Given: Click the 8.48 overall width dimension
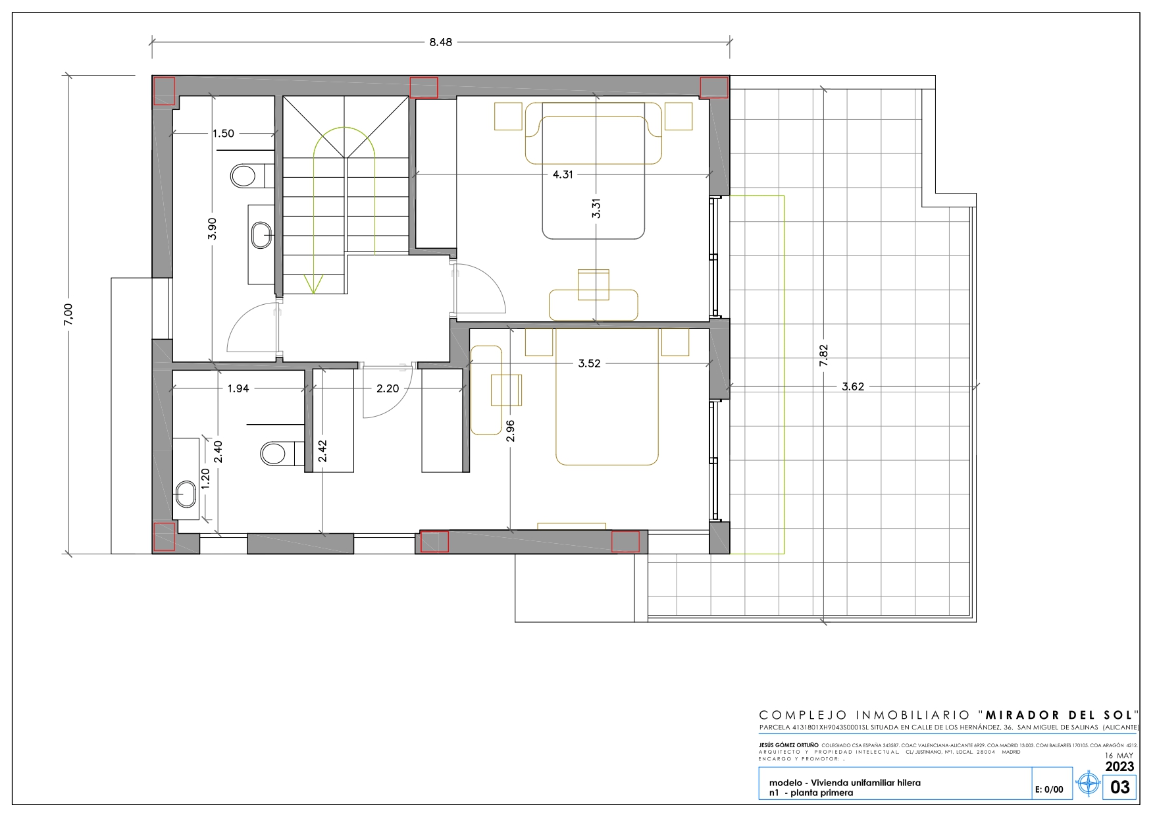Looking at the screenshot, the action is coord(441,42).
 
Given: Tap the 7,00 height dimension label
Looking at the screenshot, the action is coord(68,314).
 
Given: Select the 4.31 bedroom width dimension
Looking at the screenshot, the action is coord(563,174).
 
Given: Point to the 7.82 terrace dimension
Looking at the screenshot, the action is coord(823,356).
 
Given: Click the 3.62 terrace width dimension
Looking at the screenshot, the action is coord(853,386).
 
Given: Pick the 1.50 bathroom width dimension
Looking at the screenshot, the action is coord(223,134).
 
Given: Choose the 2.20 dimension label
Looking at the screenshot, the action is coord(388,388).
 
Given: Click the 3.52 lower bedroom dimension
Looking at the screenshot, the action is coord(589,363).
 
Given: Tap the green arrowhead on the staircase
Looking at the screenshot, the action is coord(313,284).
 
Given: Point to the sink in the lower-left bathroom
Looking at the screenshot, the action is coord(186,494).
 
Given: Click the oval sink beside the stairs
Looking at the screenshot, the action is coord(262,235).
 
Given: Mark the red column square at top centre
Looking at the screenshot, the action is coord(424,88).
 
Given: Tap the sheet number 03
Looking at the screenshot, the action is coord(1120,787).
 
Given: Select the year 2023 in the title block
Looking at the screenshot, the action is coord(1119,766).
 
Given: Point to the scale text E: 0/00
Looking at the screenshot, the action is coord(1049,789).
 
